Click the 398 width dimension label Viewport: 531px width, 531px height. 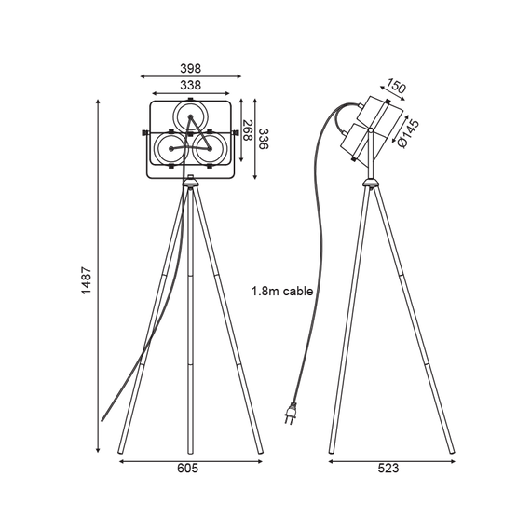190,68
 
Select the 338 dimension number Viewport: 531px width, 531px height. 190,85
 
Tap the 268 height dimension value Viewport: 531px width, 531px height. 248,130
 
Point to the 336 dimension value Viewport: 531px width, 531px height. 263,139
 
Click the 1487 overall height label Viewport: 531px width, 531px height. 87,280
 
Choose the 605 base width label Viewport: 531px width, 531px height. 187,469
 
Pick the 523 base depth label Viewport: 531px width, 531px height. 388,469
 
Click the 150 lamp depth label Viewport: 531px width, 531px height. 396,86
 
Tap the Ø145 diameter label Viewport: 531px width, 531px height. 409,133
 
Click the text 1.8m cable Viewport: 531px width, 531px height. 282,291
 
